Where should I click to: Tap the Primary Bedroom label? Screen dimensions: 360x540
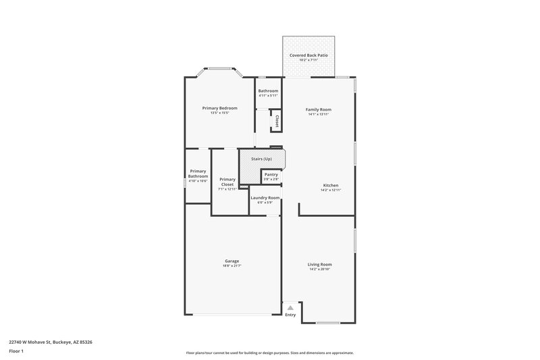tap(220, 108)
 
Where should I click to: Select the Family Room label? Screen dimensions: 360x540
tap(319, 109)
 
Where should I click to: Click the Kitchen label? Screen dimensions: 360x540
tap(331, 185)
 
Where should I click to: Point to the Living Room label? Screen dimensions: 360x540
tap(320, 264)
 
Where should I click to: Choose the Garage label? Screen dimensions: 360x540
tap(232, 261)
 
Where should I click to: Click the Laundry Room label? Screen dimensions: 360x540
tap(265, 198)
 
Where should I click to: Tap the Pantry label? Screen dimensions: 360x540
tap(271, 174)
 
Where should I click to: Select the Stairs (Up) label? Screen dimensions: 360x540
tap(261, 159)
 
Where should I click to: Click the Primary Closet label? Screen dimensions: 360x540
tap(227, 182)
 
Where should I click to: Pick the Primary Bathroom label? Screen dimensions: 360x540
tap(198, 174)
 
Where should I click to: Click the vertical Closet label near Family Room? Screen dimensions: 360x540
tap(277, 121)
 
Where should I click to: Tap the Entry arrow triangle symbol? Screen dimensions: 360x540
tap(290, 308)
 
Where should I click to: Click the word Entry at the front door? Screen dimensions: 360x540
tap(290, 315)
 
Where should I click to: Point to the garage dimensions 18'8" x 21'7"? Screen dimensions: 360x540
tap(232, 266)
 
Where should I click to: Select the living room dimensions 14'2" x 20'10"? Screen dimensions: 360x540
tap(320, 269)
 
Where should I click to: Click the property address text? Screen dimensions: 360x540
tap(51, 342)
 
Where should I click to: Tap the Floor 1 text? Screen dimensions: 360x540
tap(17, 351)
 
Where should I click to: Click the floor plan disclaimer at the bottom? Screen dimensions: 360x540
tap(270, 353)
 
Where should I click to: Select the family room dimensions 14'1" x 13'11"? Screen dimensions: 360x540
tap(319, 114)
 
